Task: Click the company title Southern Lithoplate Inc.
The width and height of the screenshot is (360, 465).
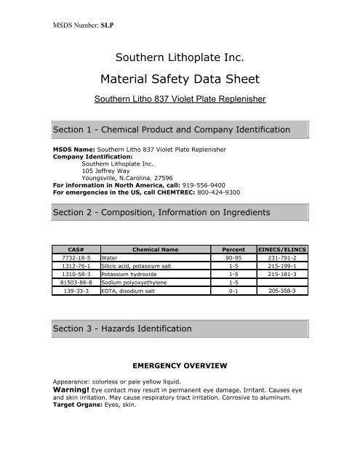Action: [179, 56]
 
